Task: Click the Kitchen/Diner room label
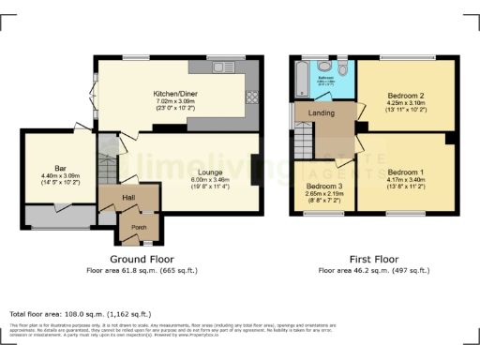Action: [x=174, y=95]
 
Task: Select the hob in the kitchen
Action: [x=251, y=97]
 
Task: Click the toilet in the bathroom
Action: [x=344, y=70]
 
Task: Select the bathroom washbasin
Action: [x=324, y=67]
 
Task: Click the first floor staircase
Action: [x=303, y=143]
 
